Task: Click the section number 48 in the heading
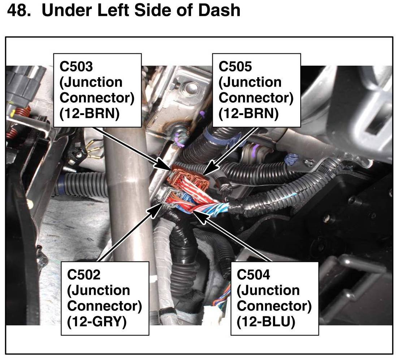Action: (x=18, y=10)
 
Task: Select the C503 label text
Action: (x=76, y=67)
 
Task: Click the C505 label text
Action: (x=236, y=67)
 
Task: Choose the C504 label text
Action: (x=254, y=275)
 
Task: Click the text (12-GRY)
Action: (x=97, y=321)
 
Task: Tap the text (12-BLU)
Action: (x=266, y=321)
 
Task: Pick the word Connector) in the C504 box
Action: (x=274, y=306)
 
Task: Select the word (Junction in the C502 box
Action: (x=99, y=290)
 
